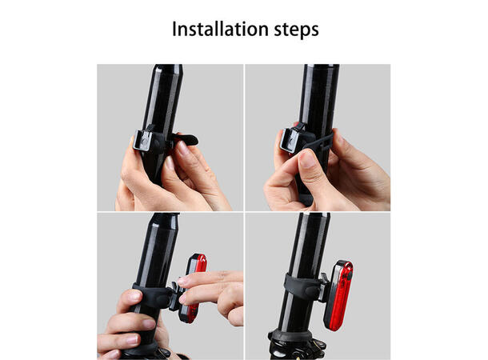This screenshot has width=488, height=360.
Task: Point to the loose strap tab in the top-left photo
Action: (190, 141)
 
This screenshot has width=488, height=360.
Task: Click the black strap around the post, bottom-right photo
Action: (298, 289)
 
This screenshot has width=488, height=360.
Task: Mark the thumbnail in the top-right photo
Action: (307, 158)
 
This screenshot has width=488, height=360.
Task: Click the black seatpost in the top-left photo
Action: (166, 96)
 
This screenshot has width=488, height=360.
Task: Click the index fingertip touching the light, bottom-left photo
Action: (184, 281)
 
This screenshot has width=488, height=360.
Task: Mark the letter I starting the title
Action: (176, 30)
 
